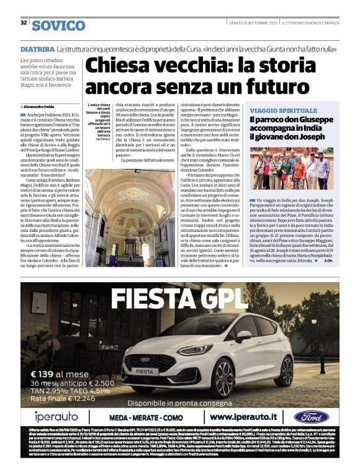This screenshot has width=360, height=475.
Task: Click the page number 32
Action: (x=24, y=23)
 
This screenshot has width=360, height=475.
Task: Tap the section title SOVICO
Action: (x=59, y=25)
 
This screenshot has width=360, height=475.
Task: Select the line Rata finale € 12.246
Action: (x=61, y=398)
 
